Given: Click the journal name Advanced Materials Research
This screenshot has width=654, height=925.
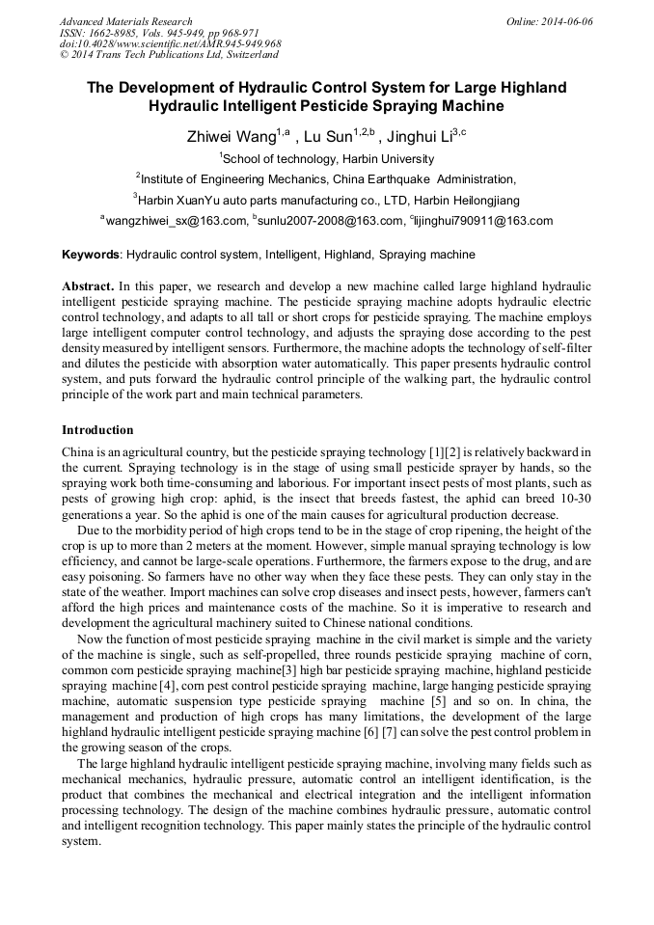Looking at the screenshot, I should [x=126, y=21].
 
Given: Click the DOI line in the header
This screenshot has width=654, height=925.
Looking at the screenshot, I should [x=171, y=44].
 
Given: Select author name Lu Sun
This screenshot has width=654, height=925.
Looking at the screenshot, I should [x=328, y=137].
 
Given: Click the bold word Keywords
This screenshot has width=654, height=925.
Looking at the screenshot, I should [x=91, y=256].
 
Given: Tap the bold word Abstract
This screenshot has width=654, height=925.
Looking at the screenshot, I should [x=88, y=287].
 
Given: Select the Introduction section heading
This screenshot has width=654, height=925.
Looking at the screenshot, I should [x=97, y=429].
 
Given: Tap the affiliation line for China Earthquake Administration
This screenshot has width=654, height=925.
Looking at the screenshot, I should [x=326, y=179].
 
